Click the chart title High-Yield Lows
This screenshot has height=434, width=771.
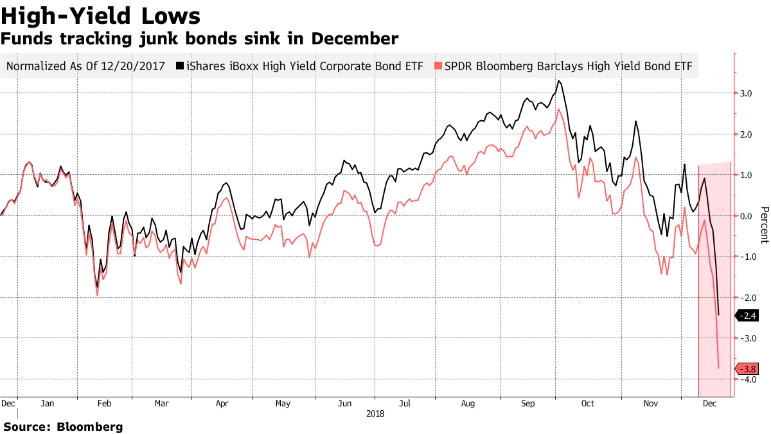[x=101, y=15]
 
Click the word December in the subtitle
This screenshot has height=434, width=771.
[x=355, y=39]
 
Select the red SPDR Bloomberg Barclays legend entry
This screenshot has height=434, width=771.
[x=566, y=66]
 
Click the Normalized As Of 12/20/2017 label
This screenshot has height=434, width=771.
[x=85, y=66]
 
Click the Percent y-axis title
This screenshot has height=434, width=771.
[x=764, y=225]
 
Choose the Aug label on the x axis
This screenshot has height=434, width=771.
[x=468, y=404]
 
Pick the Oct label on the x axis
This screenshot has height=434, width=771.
[x=588, y=404]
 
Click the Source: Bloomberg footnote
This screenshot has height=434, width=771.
[x=63, y=426]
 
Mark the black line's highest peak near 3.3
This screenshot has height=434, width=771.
[x=559, y=81]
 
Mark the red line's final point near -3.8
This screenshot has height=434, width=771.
[x=718, y=368]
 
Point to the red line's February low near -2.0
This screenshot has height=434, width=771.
[x=97, y=295]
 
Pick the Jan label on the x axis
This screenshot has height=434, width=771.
[x=47, y=404]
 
